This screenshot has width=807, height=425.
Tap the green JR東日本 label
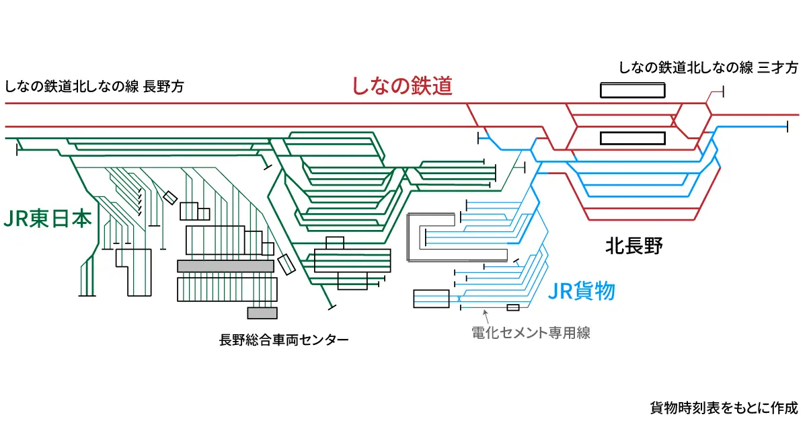point(47,219)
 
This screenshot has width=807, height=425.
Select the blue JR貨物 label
point(582,291)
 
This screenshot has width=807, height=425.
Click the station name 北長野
point(633,247)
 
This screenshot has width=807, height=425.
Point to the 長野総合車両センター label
point(284,340)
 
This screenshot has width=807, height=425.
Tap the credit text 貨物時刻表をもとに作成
point(723,408)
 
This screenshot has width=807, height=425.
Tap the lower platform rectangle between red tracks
point(632,139)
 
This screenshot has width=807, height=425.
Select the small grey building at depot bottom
point(262,313)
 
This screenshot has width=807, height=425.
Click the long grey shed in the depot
point(225,266)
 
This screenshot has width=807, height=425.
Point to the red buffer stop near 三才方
point(721,92)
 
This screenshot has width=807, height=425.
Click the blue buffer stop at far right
point(787,126)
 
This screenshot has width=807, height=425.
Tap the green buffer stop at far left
point(16,149)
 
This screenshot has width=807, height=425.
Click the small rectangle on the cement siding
point(513,307)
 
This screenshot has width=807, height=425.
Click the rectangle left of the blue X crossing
point(431,299)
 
